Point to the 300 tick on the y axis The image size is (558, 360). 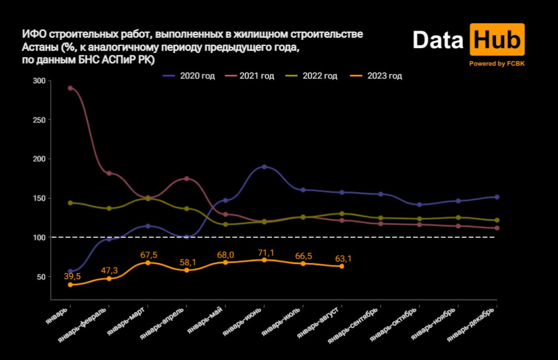pos(39,81)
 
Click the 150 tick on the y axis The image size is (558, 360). pos(39,198)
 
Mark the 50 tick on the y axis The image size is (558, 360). pos(41,277)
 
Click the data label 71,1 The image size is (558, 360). pos(265,251)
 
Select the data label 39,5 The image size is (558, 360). pos(72,276)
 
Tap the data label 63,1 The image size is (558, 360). pos(343,259)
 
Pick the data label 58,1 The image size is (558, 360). pos(187,262)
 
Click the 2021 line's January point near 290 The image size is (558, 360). pos(70,88)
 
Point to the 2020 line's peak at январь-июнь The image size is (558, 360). pos(264,167)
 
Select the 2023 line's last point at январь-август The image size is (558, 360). pos(342,266)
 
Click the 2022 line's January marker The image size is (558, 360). pos(70,202)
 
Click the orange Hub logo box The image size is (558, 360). pos(497,40)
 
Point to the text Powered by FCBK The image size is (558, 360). pos(496,64)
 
